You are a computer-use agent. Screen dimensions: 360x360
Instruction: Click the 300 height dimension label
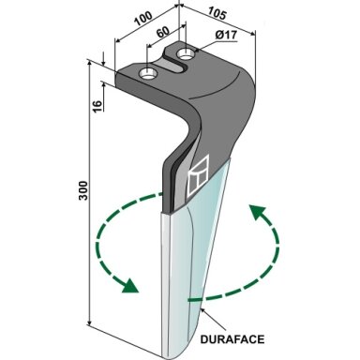(83, 190)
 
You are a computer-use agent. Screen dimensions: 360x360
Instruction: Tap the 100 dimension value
(143, 19)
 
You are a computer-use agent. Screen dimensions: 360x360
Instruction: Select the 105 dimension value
(217, 13)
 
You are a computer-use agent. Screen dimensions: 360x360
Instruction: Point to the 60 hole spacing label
(162, 32)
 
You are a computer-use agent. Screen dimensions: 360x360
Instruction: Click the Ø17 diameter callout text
(226, 35)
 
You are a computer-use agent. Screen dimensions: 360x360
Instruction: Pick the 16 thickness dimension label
(97, 106)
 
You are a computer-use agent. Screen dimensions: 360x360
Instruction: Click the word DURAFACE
(232, 339)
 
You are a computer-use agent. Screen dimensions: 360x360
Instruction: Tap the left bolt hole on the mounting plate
(148, 74)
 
